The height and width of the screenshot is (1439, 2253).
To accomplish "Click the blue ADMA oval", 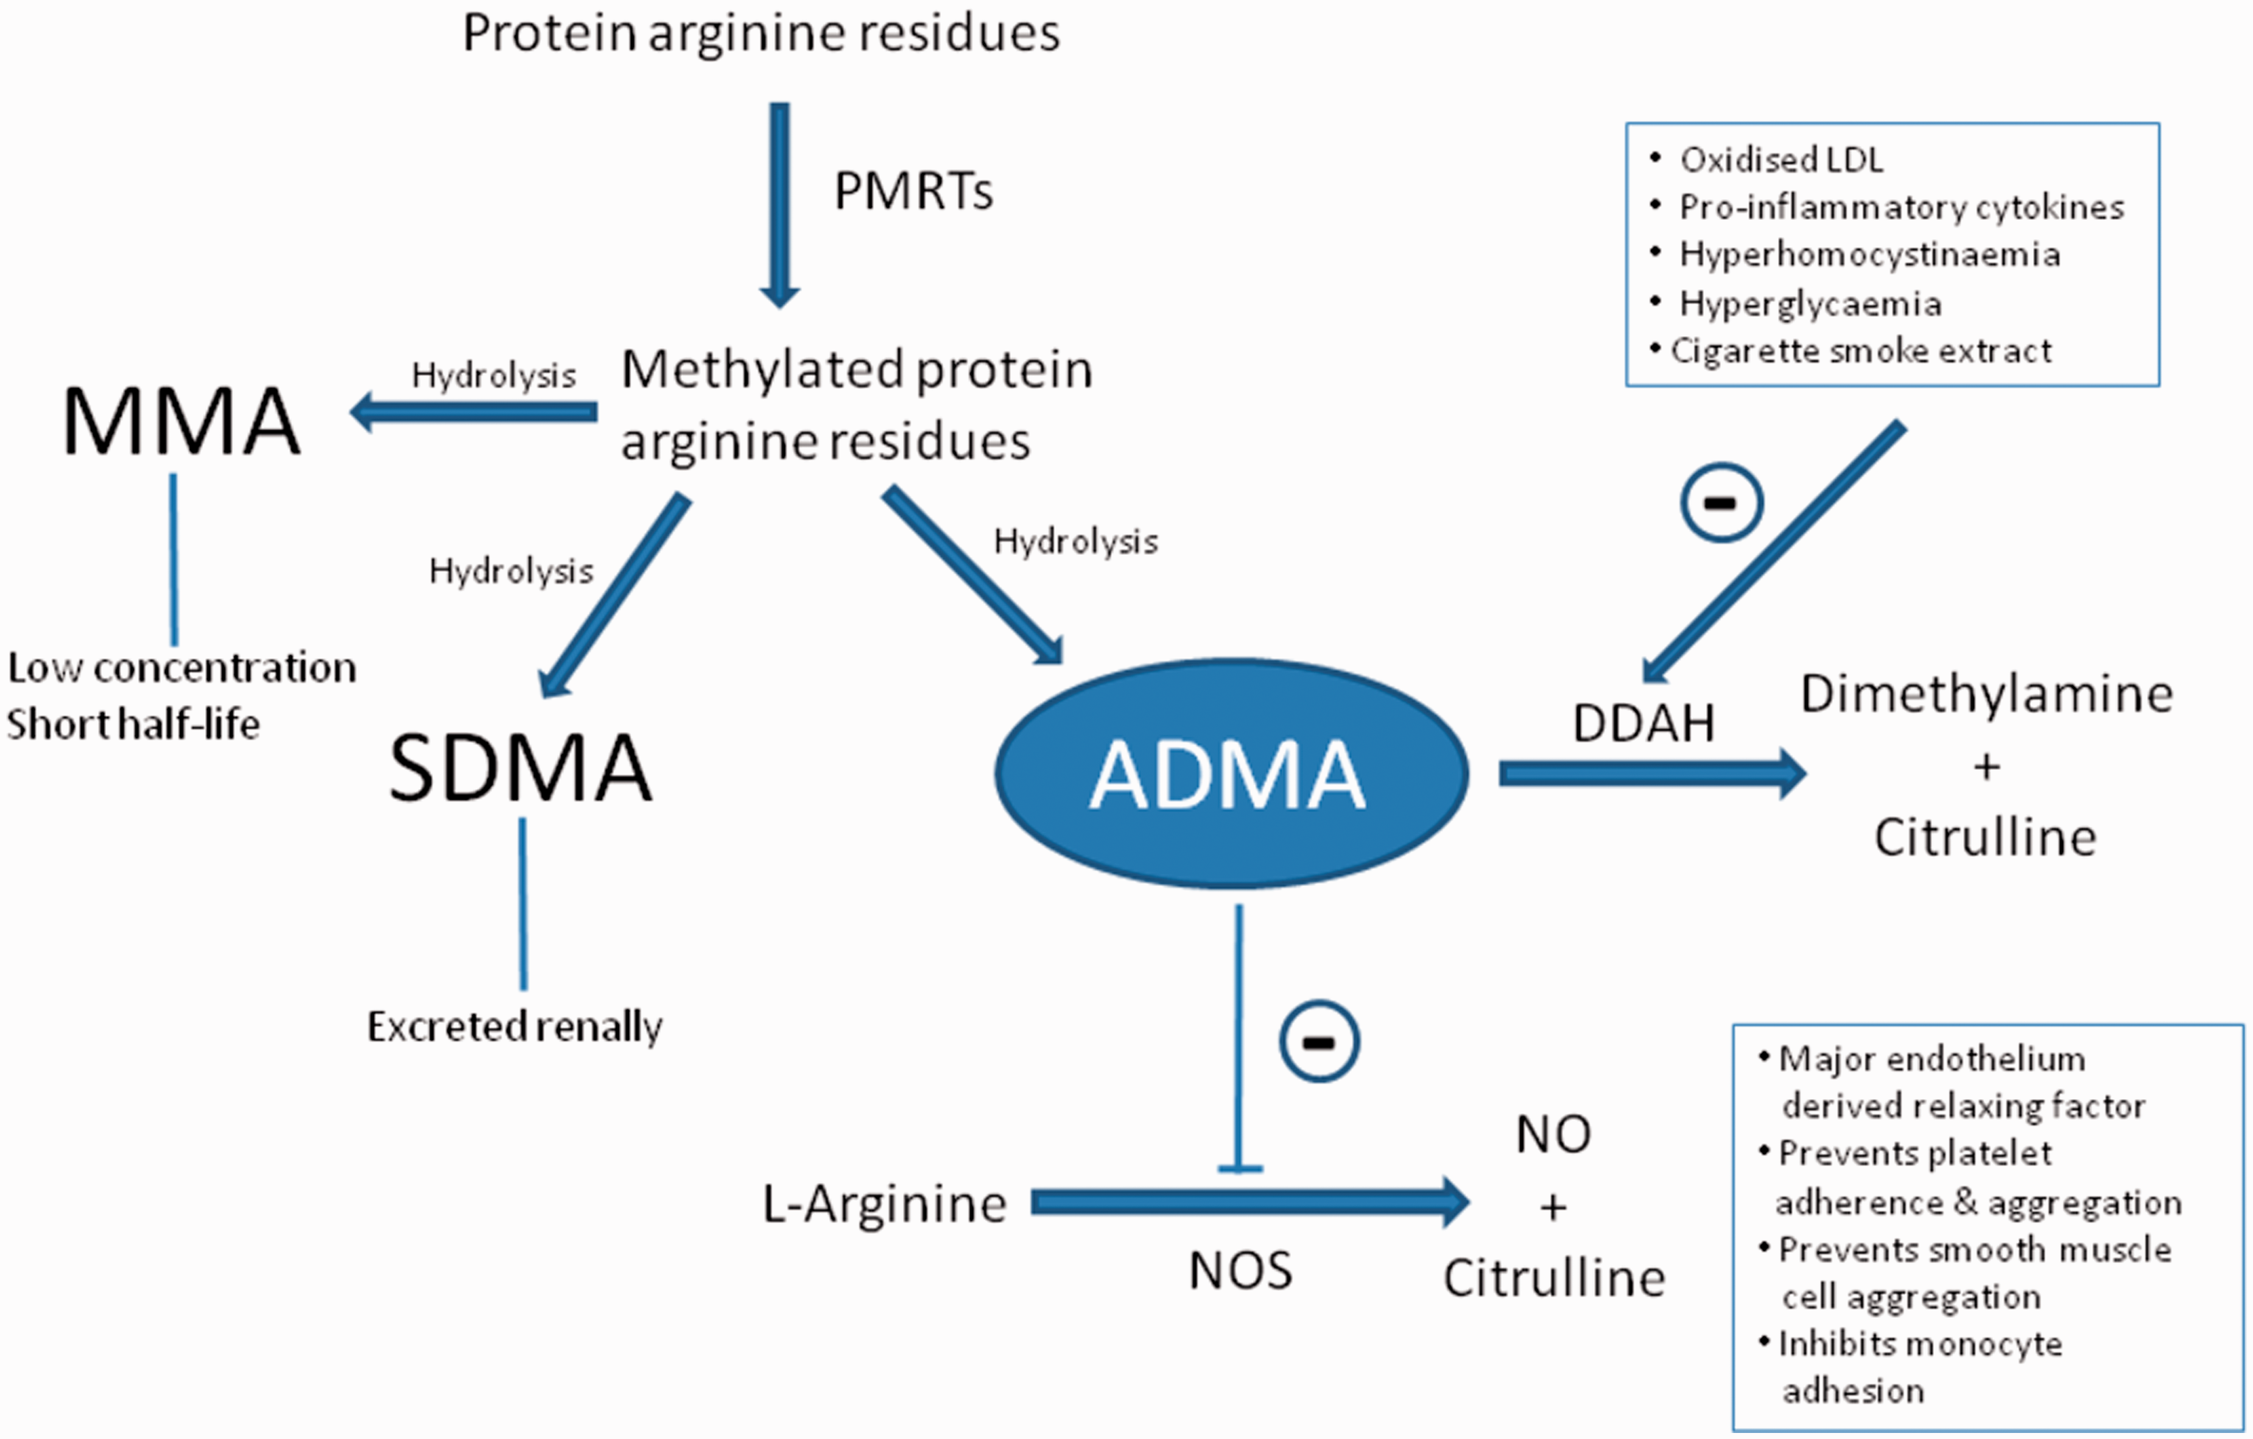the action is (x=1231, y=773).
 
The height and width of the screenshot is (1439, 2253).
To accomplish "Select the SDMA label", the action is (x=520, y=768).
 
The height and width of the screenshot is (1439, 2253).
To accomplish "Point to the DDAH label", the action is (x=1644, y=723).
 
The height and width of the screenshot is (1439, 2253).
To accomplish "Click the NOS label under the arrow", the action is (x=1240, y=1270).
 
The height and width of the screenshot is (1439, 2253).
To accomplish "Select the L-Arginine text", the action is (x=884, y=1204).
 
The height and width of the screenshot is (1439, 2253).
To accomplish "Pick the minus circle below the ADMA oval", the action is (x=1320, y=1043).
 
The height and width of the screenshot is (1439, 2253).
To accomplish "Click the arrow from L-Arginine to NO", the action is (x=1251, y=1203).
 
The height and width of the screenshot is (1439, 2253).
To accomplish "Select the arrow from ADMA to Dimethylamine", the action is (x=1653, y=774).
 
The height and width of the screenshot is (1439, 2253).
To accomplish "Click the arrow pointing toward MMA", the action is (x=473, y=412).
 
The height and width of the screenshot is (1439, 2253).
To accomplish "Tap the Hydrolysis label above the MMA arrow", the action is (x=494, y=375).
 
